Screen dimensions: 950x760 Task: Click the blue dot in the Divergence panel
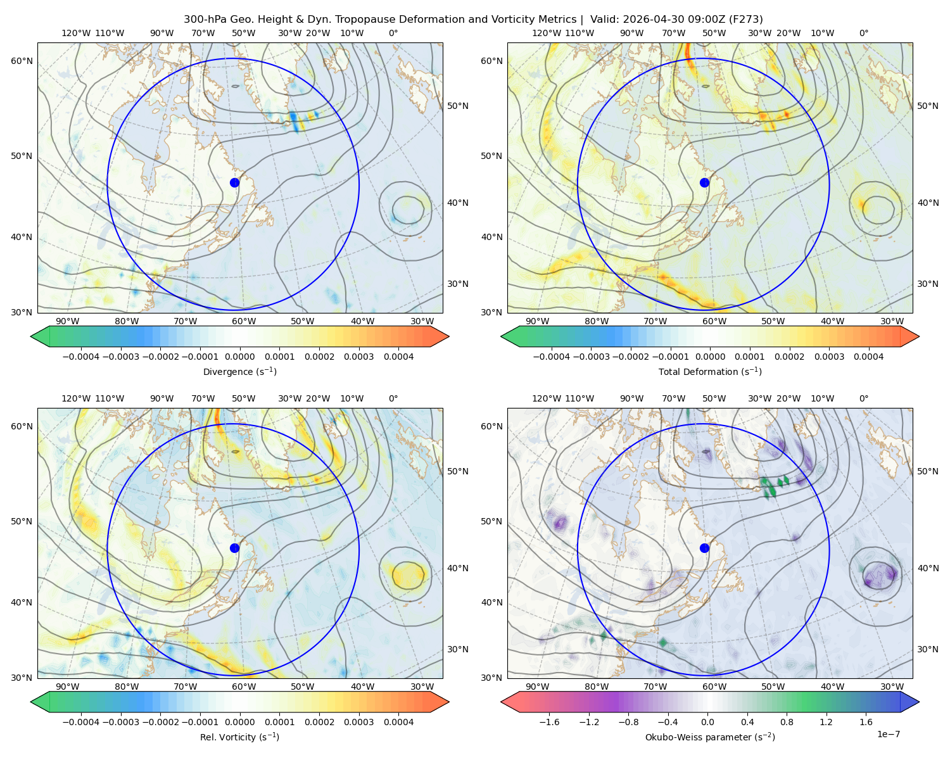pos(234,182)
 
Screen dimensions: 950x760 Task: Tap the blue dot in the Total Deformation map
pos(704,182)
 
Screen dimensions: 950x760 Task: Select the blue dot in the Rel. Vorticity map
pos(234,548)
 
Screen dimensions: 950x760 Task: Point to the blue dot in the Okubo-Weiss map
pos(704,548)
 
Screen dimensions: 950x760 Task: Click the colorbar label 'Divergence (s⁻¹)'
pos(239,371)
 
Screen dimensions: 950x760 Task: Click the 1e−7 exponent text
pos(888,734)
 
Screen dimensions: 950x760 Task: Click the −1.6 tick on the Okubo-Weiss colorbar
pos(549,722)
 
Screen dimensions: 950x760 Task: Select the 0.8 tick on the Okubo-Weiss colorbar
pos(787,722)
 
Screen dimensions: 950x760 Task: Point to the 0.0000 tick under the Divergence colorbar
pos(239,357)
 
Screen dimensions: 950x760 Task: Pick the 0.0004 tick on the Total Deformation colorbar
pos(868,357)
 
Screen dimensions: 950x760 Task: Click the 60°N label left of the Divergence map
pos(22,61)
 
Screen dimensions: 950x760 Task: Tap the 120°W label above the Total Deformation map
pos(546,33)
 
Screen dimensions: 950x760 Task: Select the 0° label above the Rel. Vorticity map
pos(393,398)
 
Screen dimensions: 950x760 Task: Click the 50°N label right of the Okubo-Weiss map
pos(927,471)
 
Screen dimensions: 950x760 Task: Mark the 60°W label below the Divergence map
pos(244,322)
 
